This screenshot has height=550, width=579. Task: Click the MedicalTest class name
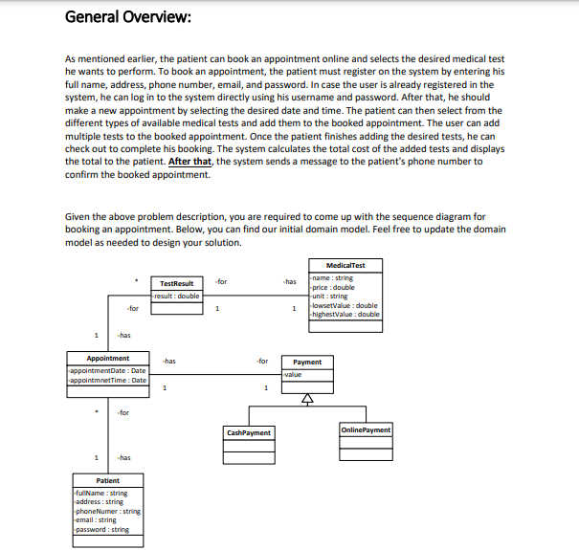(345, 265)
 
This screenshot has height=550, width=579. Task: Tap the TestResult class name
(176, 283)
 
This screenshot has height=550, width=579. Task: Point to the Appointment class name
(107, 358)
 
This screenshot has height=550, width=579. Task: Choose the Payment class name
(307, 363)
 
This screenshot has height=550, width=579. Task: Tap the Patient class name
(107, 480)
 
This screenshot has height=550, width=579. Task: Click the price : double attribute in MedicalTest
(333, 287)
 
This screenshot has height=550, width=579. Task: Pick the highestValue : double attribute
(345, 314)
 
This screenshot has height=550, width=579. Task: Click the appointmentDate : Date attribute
(107, 370)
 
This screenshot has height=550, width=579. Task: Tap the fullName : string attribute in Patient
(100, 493)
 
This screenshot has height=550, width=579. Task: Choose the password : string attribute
(102, 529)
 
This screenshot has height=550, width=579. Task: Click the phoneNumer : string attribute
(106, 511)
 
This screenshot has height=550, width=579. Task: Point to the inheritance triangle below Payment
(307, 401)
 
